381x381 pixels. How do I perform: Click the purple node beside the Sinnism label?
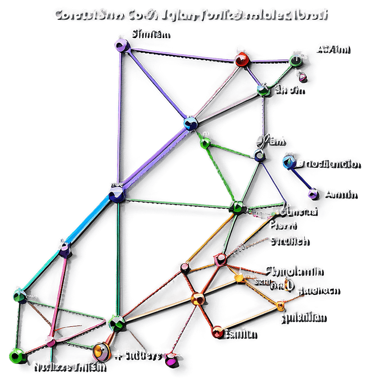coord(121,45)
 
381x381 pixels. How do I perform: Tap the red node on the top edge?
coord(241,60)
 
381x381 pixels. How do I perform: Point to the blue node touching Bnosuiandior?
coord(289,162)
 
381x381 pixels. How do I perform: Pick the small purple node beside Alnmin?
coord(313,194)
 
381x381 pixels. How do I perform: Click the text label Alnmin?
coord(340,194)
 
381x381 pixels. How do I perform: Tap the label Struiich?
coord(289,241)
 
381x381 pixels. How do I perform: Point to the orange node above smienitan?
coord(280,304)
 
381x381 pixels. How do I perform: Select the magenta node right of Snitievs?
coord(171,361)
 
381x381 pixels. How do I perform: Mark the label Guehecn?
coord(317,290)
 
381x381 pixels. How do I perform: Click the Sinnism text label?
coord(149,34)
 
